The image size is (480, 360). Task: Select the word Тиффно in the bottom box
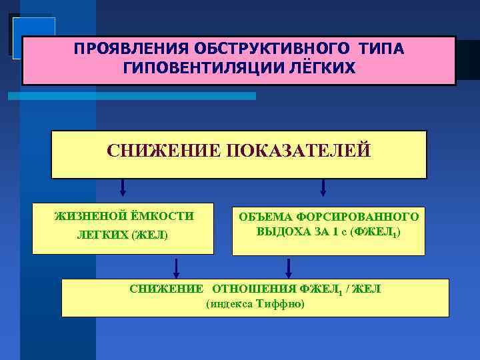tap(281, 304)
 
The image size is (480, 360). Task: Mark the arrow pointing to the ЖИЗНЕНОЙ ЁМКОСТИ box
tap(123, 188)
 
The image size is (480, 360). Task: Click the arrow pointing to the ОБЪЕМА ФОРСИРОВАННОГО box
tap(323, 188)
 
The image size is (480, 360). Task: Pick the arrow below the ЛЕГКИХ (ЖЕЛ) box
tap(176, 267)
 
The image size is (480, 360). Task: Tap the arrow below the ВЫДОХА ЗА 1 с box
tap(289, 267)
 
